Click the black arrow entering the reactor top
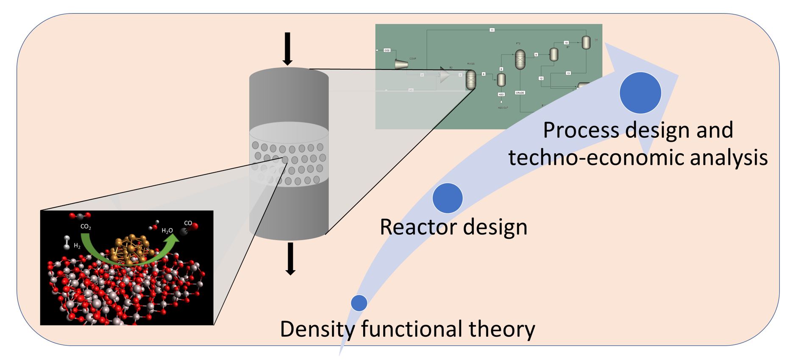pyautogui.click(x=288, y=48)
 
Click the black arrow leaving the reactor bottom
pyautogui.click(x=290, y=258)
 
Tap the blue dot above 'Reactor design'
pyautogui.click(x=448, y=198)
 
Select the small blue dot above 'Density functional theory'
pyautogui.click(x=359, y=303)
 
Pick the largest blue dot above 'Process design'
pyautogui.click(x=640, y=93)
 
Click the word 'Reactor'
pyautogui.click(x=415, y=227)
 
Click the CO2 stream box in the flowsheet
pyautogui.click(x=387, y=50)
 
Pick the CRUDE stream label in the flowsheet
pyautogui.click(x=520, y=92)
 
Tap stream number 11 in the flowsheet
pyautogui.click(x=492, y=30)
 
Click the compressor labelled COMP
pyautogui.click(x=401, y=64)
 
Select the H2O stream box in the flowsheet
pyautogui.click(x=501, y=94)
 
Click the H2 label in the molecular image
pyautogui.click(x=77, y=246)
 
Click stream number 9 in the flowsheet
pyautogui.click(x=536, y=55)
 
